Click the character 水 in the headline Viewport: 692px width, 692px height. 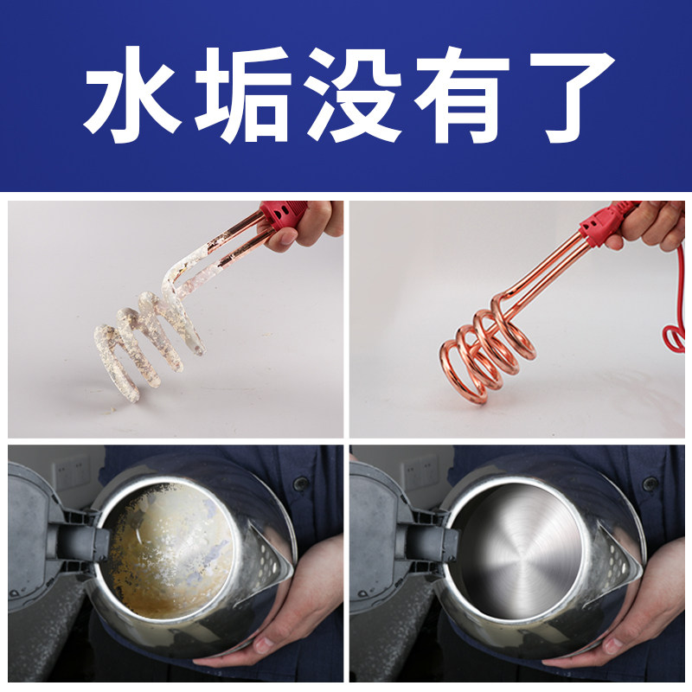pyautogui.click(x=132, y=93)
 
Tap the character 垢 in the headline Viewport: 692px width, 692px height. pyautogui.click(x=242, y=93)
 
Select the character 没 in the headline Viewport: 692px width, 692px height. pyautogui.click(x=353, y=93)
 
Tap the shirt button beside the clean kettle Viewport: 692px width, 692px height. pyautogui.click(x=648, y=484)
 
